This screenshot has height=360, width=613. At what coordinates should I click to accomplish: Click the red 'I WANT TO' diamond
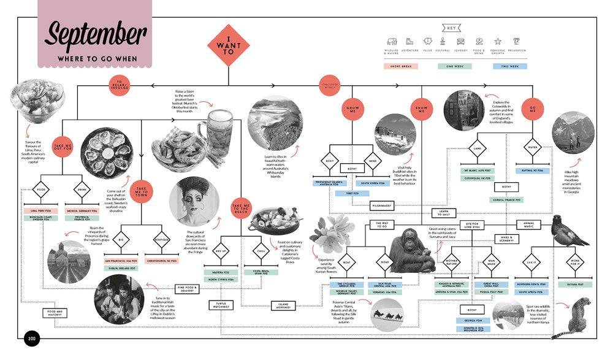point(228,45)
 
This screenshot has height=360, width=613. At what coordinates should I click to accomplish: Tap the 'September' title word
point(95,34)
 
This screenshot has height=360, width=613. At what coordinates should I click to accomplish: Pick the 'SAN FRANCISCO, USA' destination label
point(120,261)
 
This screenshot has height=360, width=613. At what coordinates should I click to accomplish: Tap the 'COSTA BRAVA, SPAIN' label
point(265,271)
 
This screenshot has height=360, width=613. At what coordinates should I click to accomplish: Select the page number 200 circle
point(31,339)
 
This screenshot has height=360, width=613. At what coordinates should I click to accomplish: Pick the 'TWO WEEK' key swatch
point(509,66)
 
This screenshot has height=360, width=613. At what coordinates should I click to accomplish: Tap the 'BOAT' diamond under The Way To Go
point(346,262)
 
